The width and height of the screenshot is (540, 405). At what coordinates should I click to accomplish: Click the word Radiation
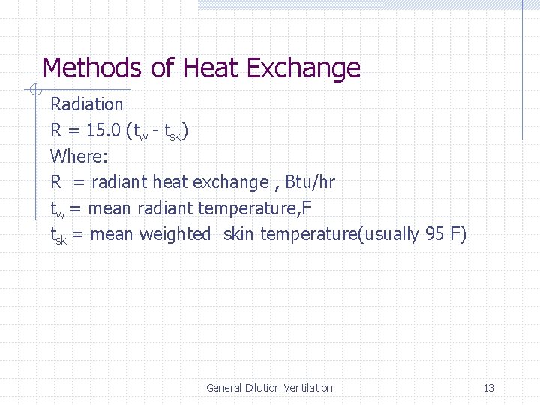click(86, 104)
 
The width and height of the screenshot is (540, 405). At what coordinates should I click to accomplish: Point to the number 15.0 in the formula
click(103, 130)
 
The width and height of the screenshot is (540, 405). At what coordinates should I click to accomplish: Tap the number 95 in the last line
click(435, 234)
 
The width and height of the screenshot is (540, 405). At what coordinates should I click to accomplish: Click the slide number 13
click(489, 388)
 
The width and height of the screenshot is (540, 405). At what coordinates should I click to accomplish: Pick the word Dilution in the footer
click(262, 388)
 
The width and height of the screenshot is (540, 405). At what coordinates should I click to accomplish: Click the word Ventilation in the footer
click(307, 388)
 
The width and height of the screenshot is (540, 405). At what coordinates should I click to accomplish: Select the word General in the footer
click(223, 388)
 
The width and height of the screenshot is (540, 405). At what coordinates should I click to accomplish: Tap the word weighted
click(175, 234)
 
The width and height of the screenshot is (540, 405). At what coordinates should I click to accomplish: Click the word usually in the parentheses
click(392, 234)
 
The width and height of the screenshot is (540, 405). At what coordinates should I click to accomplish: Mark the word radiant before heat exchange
click(119, 182)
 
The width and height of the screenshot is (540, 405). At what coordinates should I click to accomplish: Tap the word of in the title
click(161, 68)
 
